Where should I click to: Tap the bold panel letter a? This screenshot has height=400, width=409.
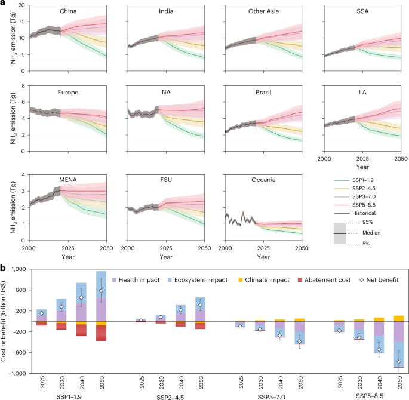pos(4,4)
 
